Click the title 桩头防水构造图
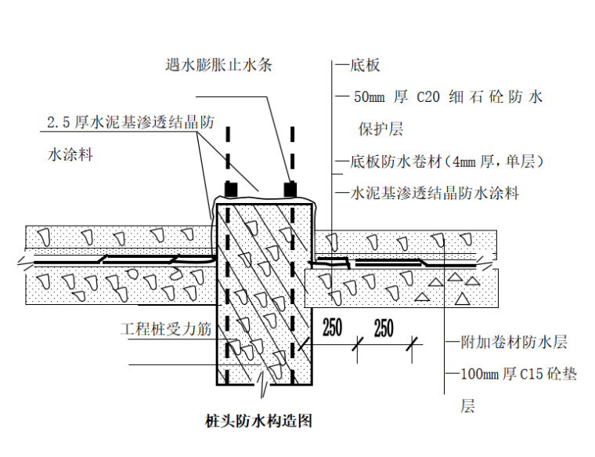coord(257,421)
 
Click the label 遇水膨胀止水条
coord(218,64)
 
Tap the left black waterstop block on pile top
coord(231,190)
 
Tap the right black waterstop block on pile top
coord(290,190)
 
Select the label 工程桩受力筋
coord(166,330)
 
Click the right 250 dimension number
coord(384,328)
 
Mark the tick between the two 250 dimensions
coord(358,342)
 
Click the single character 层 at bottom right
coord(467,406)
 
